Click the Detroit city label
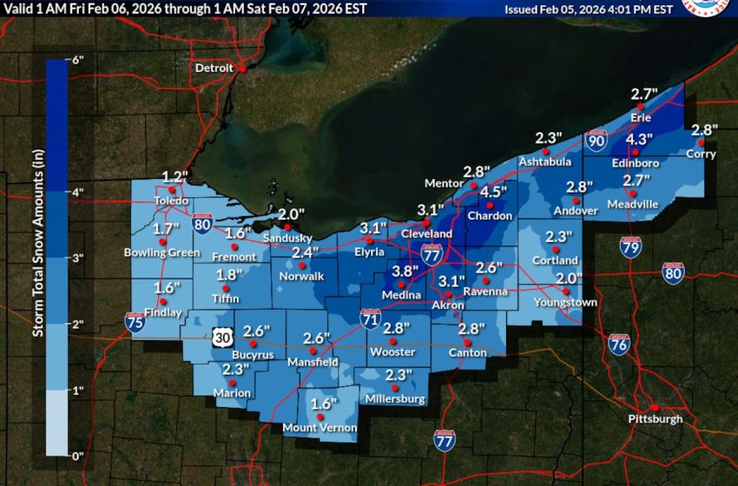click(214, 68)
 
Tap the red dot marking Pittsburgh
click(656, 408)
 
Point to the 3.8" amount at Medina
click(404, 271)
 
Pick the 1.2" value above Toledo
click(175, 176)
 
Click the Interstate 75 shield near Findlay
click(135, 323)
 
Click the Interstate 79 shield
click(631, 249)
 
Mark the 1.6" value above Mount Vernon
click(323, 404)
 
